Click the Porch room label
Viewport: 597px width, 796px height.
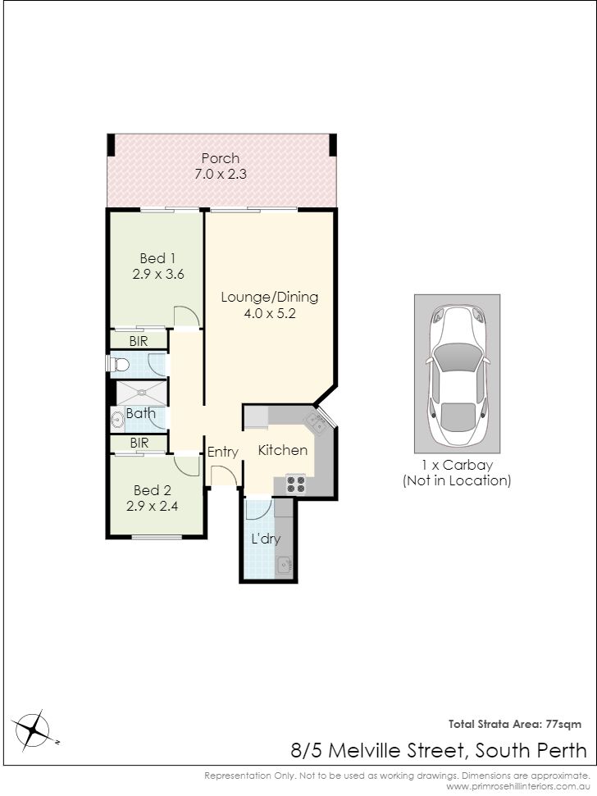click(x=221, y=158)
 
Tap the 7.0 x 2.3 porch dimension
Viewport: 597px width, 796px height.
click(x=221, y=174)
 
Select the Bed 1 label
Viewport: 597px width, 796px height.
click(x=157, y=258)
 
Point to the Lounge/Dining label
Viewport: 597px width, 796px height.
click(x=270, y=297)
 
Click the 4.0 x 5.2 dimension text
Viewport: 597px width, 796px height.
click(x=270, y=313)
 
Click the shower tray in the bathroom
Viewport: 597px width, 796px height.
click(x=142, y=393)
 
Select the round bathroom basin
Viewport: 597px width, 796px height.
click(x=118, y=421)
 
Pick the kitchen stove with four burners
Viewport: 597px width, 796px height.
click(x=295, y=484)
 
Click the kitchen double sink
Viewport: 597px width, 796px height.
click(x=316, y=422)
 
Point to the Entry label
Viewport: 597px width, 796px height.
click(x=223, y=453)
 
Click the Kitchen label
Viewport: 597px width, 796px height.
click(x=283, y=450)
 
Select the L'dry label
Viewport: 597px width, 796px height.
click(x=266, y=539)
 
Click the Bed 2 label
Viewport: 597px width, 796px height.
click(x=153, y=490)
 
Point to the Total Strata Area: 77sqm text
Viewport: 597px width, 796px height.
click(x=515, y=725)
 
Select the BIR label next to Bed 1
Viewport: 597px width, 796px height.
click(x=139, y=341)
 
